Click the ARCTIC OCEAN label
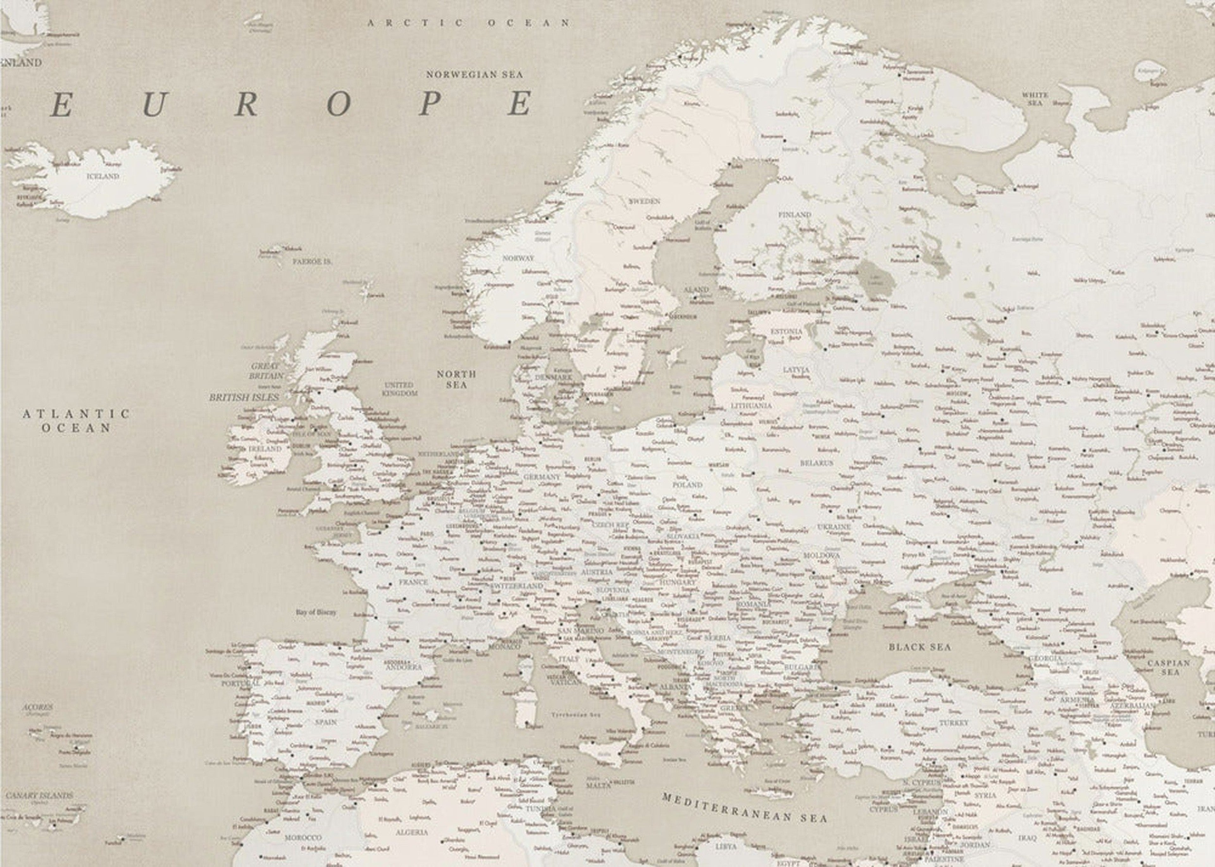(468, 23)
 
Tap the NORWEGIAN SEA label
(474, 75)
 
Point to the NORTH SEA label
(456, 379)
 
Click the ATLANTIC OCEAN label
(76, 421)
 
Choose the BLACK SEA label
(920, 647)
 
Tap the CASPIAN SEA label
(1168, 667)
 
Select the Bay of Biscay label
(316, 612)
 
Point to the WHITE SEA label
(1035, 99)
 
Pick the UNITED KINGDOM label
(400, 389)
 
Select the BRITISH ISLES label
(244, 398)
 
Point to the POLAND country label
(687, 485)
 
